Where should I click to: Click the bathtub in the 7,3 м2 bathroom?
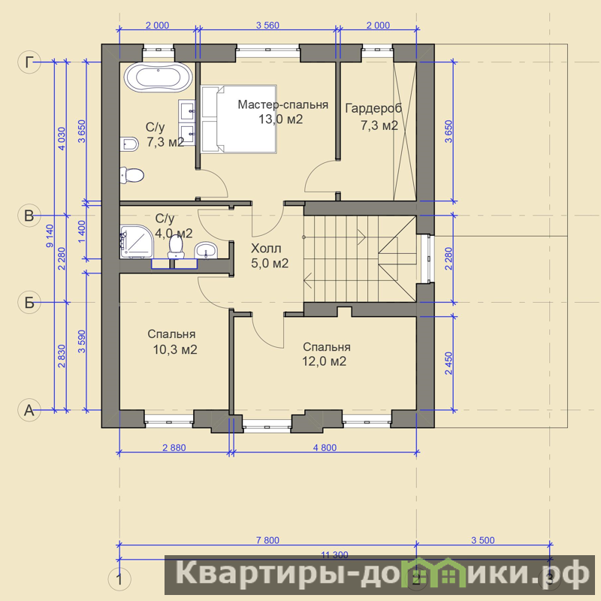click(x=158, y=77)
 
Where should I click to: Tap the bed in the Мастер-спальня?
click(x=238, y=119)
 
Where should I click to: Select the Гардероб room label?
click(x=373, y=108)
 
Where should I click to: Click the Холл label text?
click(x=266, y=249)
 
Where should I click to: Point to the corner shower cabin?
click(x=136, y=241)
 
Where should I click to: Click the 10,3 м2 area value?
click(x=175, y=349)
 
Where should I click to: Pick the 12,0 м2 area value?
click(x=325, y=361)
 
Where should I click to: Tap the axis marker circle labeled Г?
click(x=29, y=62)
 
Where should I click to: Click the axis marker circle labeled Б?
click(x=29, y=303)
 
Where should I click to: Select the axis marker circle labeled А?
click(x=29, y=410)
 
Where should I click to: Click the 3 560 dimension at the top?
click(x=267, y=26)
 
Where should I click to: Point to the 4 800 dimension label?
click(x=325, y=447)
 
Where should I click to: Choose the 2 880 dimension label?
click(x=174, y=447)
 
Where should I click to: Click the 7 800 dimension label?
click(x=267, y=540)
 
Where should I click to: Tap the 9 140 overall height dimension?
click(x=50, y=236)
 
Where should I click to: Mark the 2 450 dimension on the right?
click(x=448, y=364)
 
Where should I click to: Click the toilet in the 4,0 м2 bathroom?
click(x=176, y=246)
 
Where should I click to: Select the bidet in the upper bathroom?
click(x=128, y=144)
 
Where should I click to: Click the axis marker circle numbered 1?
click(x=119, y=579)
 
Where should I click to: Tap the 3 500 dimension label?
click(x=483, y=540)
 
